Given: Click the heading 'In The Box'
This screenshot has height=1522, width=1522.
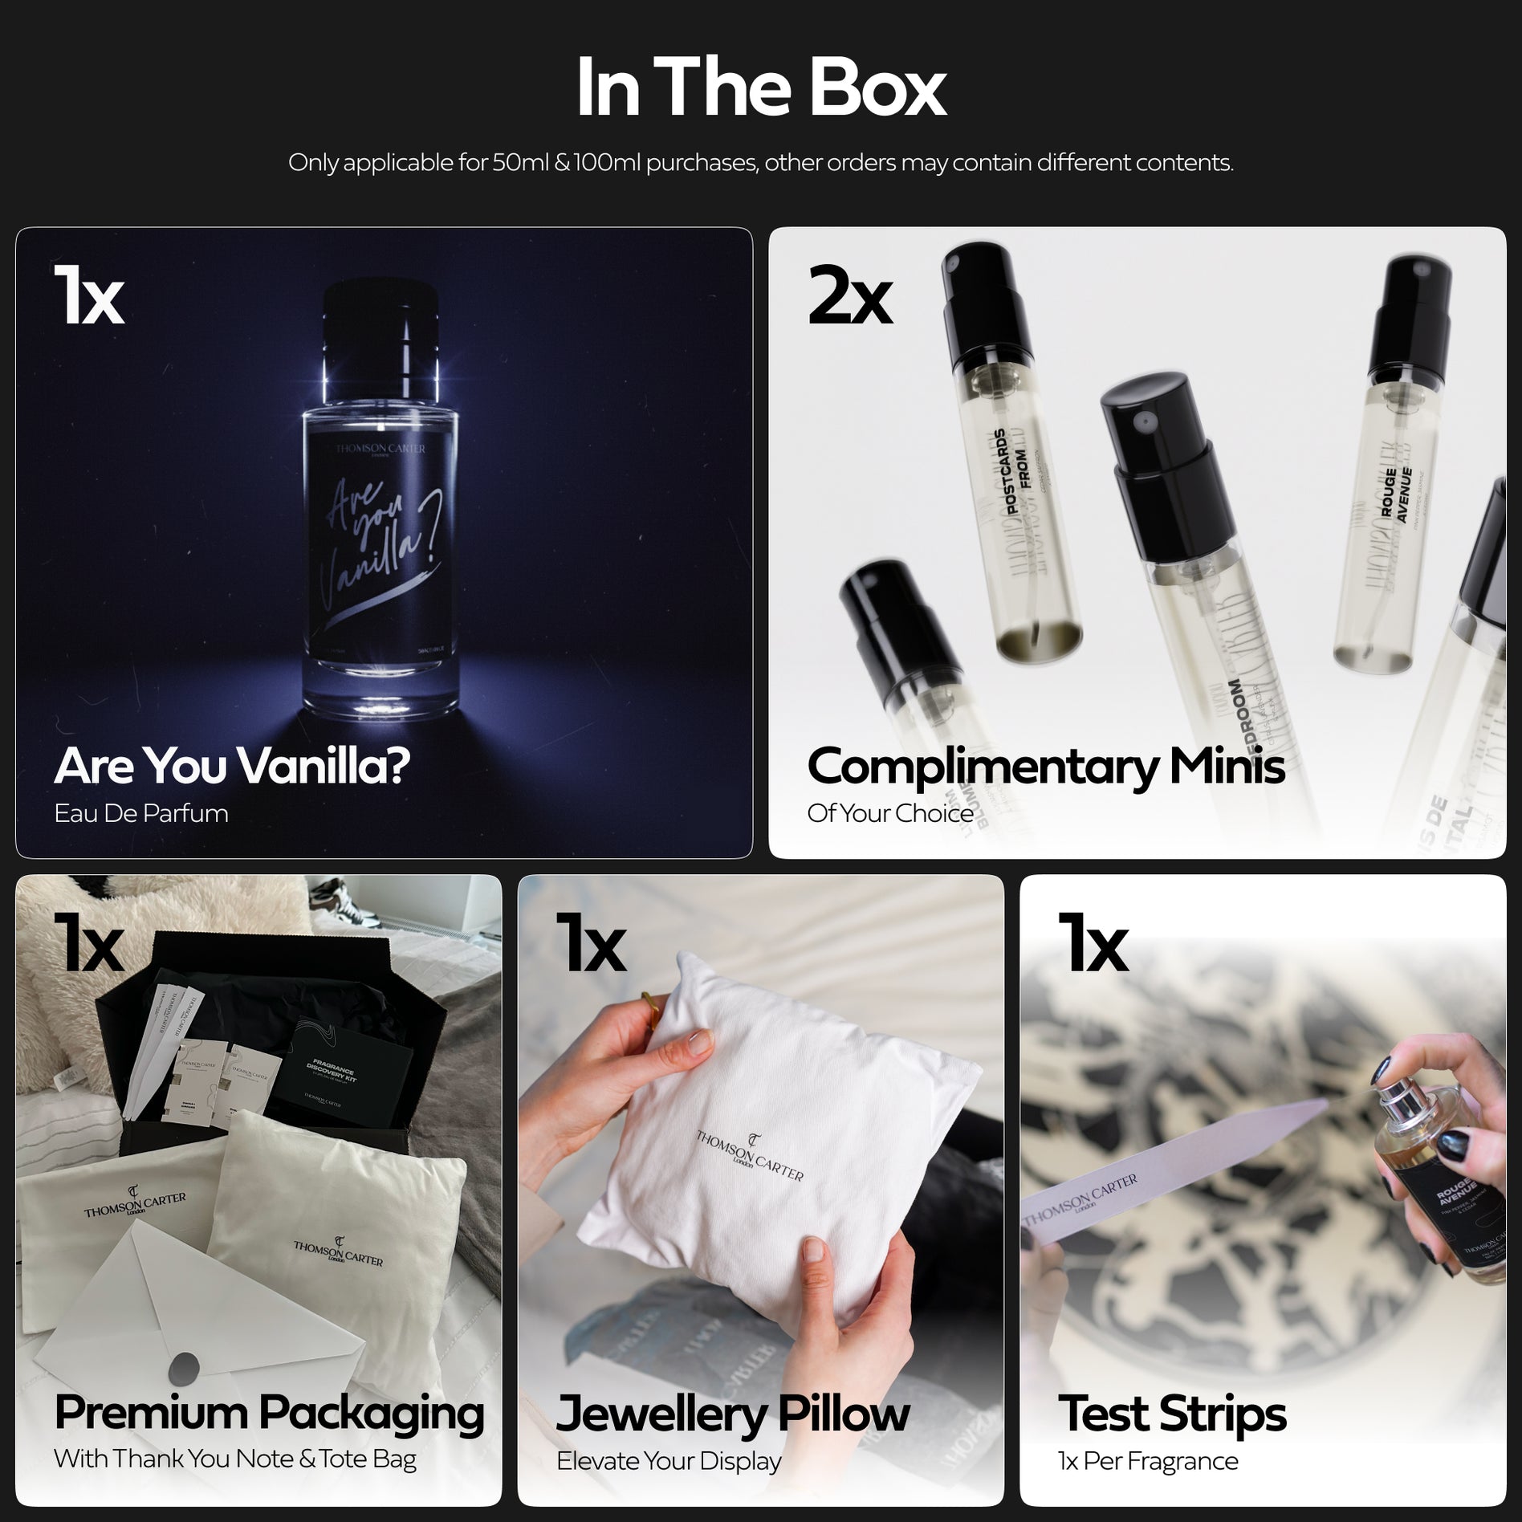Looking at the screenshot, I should click(760, 87).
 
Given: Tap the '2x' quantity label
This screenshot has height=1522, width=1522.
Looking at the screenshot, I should click(849, 298).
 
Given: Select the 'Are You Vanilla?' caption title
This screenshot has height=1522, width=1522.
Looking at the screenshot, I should click(231, 766).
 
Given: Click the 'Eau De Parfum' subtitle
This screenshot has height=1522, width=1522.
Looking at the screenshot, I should click(141, 813).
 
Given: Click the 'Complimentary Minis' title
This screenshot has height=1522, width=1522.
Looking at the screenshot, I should click(1045, 767).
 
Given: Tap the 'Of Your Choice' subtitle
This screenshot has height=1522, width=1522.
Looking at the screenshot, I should click(889, 813).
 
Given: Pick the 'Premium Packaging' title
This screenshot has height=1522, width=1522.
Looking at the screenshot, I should click(269, 1412).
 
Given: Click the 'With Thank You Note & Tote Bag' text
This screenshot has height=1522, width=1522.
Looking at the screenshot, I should click(234, 1459).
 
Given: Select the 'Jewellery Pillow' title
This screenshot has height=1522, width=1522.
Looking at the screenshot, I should click(732, 1413).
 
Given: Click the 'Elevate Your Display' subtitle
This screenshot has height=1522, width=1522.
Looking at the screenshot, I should click(668, 1461).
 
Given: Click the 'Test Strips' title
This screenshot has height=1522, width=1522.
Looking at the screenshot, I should click(1172, 1413).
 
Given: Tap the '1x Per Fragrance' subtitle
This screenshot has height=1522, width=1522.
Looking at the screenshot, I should click(1148, 1461).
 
